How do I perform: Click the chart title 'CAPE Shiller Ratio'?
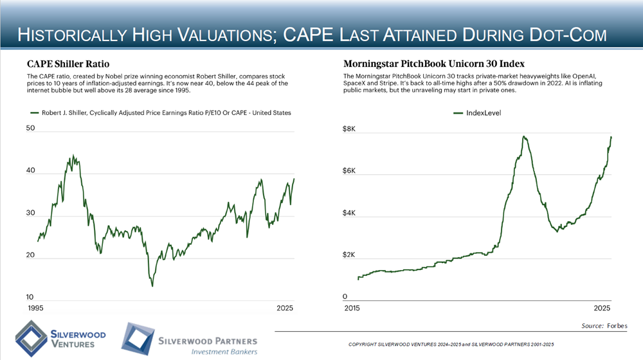[68, 64]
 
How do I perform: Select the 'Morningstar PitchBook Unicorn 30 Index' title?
[435, 64]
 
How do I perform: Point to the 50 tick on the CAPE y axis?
[30, 129]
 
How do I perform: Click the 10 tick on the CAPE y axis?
[30, 297]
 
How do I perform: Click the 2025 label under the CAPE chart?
[284, 309]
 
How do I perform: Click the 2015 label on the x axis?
[352, 309]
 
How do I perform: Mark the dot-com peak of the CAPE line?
[73, 156]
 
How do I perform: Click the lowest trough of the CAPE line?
[152, 285]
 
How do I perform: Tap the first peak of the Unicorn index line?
[525, 137]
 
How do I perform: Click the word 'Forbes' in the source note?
[617, 326]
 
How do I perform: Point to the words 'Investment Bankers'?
[224, 352]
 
